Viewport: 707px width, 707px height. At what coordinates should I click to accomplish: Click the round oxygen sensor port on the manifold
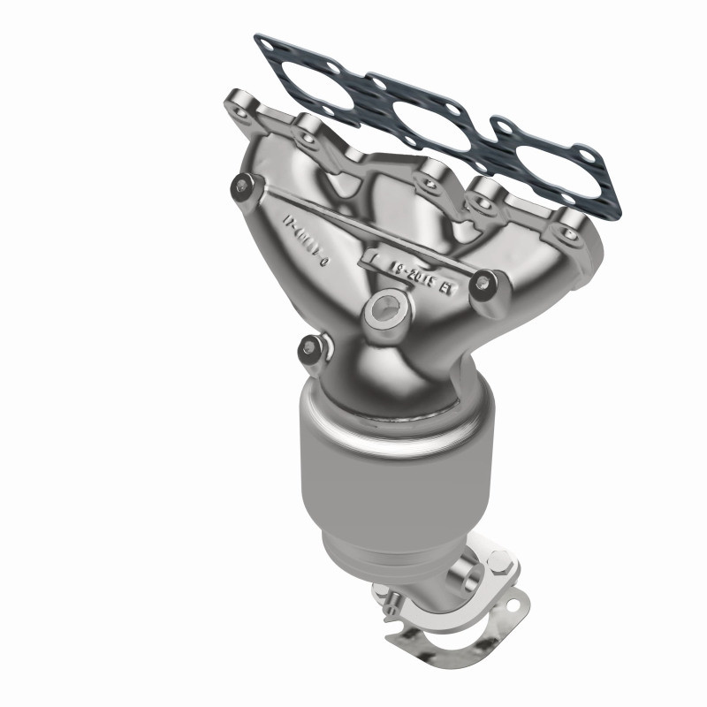pos(386,308)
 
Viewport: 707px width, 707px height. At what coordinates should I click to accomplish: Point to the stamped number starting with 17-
pos(305,239)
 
